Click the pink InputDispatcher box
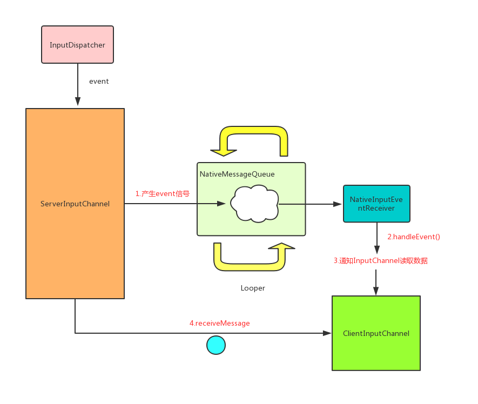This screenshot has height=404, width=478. [77, 44]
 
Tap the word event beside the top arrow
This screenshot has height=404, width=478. [99, 82]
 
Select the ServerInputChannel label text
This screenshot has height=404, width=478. [75, 204]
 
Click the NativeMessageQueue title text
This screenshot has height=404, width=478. [237, 174]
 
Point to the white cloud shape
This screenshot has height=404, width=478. [254, 204]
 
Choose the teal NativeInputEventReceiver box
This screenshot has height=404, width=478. [376, 204]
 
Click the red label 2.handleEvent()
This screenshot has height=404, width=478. [414, 237]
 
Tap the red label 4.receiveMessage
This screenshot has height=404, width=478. [219, 323]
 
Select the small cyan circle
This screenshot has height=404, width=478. [216, 345]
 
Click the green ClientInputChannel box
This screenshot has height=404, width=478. [376, 333]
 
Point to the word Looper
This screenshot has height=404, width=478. [253, 288]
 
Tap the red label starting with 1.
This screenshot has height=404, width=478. [162, 193]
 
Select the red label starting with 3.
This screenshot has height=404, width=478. [380, 260]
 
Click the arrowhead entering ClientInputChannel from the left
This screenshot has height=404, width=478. [327, 333]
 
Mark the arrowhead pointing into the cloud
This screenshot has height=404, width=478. [221, 204]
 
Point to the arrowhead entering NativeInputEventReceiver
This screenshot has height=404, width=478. [338, 204]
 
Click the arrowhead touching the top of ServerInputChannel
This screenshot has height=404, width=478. [78, 102]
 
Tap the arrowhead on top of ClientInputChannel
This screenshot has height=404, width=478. [376, 291]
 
